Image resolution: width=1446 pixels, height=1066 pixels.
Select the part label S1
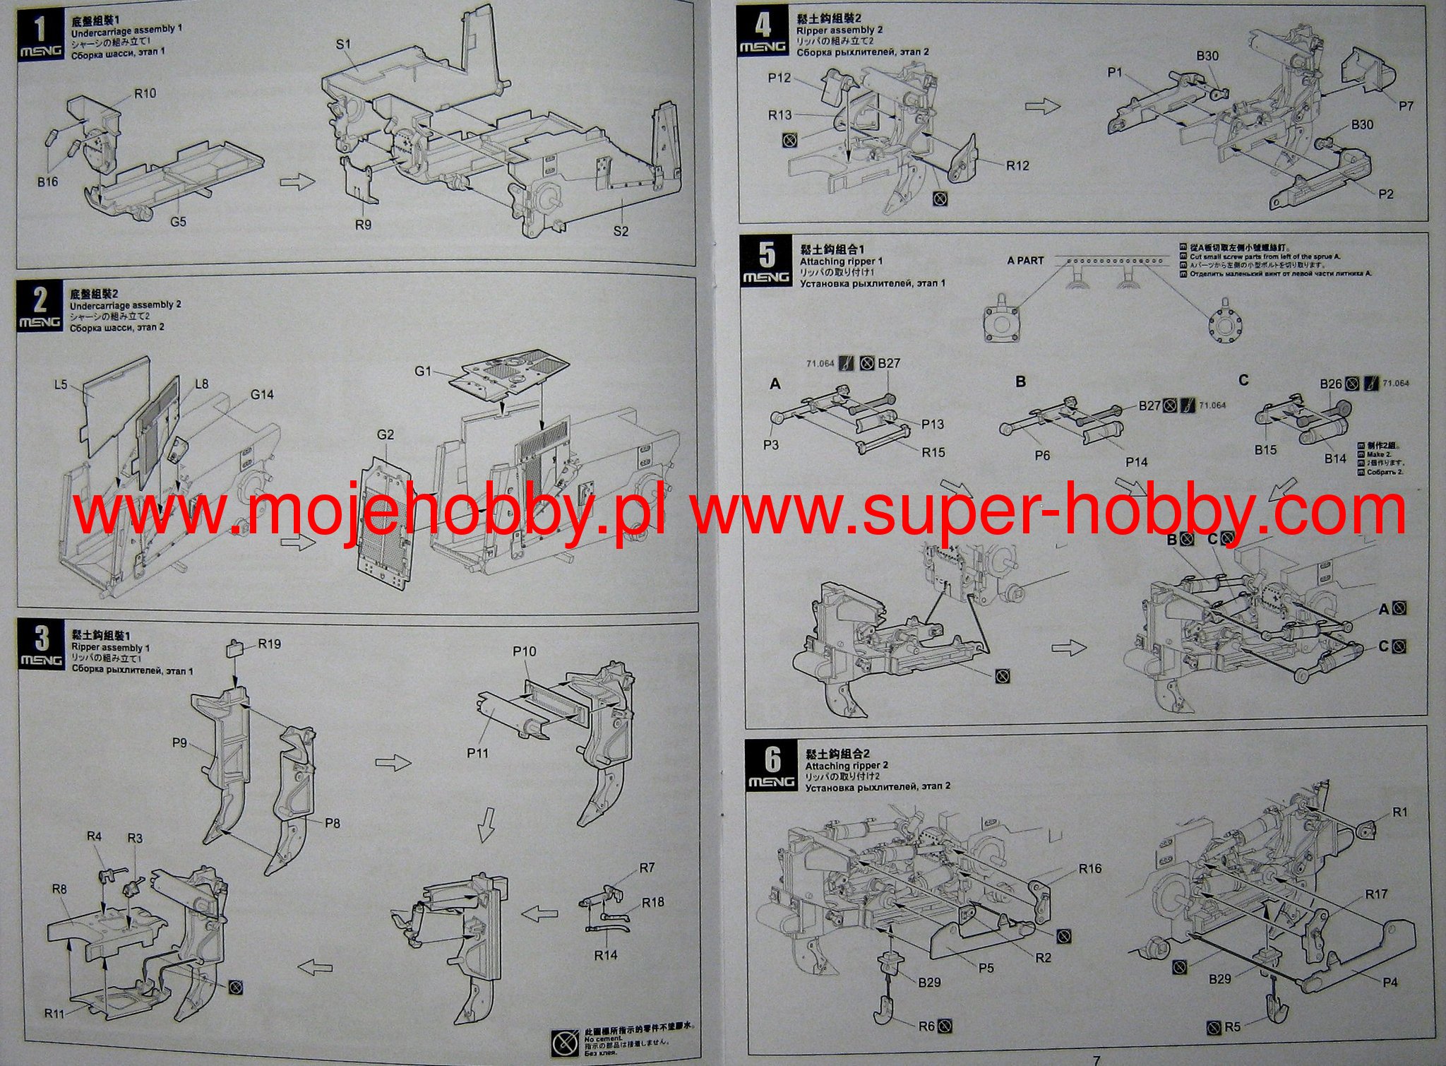[x=343, y=45]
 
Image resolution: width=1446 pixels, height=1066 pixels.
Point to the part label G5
[x=178, y=221]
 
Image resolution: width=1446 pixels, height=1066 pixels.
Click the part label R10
[x=145, y=93]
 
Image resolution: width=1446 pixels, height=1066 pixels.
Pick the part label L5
[x=61, y=384]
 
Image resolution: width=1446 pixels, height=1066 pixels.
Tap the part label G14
[x=262, y=394]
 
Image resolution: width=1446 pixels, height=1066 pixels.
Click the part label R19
[x=270, y=644]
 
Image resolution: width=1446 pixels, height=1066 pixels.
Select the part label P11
[x=477, y=753]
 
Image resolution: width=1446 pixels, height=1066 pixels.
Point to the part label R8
[x=59, y=889]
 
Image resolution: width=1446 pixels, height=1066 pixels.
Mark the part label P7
[x=1406, y=106]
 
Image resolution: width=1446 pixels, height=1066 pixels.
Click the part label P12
[x=779, y=78]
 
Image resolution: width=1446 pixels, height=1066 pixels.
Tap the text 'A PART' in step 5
[x=1025, y=261]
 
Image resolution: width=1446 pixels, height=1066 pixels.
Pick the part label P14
[x=1137, y=462]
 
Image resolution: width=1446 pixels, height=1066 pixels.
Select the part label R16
[x=1090, y=868]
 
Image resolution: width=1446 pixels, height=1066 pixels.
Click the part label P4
[x=1390, y=981]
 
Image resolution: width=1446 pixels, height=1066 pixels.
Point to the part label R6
[x=927, y=1026]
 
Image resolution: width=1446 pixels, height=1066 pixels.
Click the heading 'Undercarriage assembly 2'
[x=126, y=304]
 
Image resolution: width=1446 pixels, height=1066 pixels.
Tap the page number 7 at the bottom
[x=1097, y=1060]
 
